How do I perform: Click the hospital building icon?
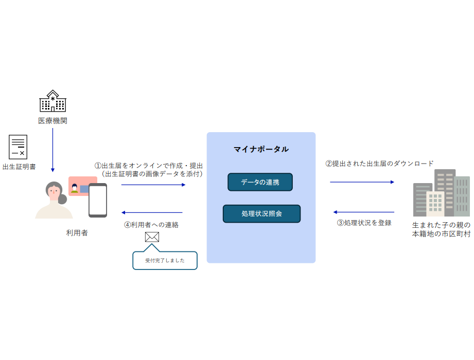click(x=53, y=101)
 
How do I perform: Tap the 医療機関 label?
click(x=52, y=121)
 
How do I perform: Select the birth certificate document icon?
click(x=18, y=147)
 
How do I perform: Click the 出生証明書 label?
click(x=19, y=167)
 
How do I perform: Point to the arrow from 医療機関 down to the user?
click(x=52, y=150)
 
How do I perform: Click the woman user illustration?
click(x=54, y=200)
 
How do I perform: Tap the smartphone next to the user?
click(x=98, y=200)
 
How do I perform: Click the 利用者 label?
click(x=77, y=233)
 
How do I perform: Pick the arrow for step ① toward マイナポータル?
click(x=153, y=185)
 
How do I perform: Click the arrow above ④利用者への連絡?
click(x=152, y=212)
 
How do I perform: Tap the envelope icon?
click(x=152, y=237)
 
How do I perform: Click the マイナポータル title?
click(x=261, y=149)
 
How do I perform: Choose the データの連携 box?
click(x=260, y=182)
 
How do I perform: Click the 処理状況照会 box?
click(x=261, y=214)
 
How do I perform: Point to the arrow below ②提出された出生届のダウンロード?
click(x=362, y=182)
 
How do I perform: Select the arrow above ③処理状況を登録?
click(x=364, y=212)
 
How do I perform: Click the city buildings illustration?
click(x=442, y=193)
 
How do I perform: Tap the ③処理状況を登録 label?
click(x=364, y=223)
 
